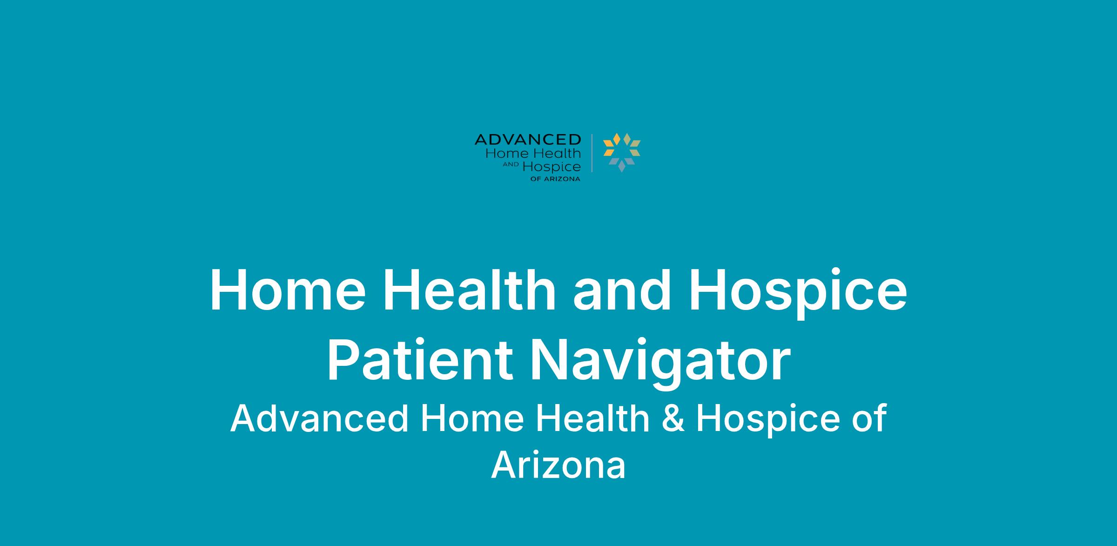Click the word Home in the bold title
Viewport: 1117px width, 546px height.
click(288, 290)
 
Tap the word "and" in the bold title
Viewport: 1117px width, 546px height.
click(622, 289)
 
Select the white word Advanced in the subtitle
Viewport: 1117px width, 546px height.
click(319, 418)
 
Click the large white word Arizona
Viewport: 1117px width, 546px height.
click(558, 465)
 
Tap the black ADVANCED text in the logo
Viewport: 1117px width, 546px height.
click(528, 139)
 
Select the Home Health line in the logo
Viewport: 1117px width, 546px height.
click(533, 153)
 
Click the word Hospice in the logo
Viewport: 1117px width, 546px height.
click(552, 167)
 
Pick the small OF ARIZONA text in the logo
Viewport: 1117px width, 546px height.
click(555, 179)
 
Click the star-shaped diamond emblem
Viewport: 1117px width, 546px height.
click(622, 152)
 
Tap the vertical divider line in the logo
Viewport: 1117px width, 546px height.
click(592, 153)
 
